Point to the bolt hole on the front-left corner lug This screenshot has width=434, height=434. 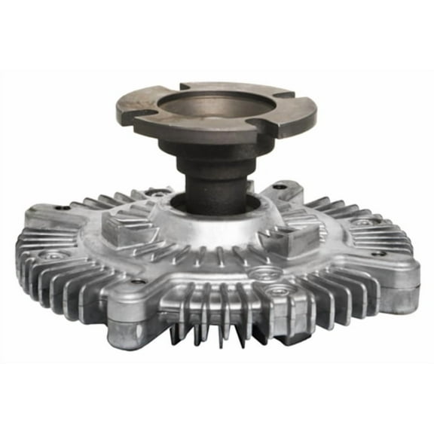point(138,282)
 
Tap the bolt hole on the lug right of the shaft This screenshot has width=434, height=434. point(280,185)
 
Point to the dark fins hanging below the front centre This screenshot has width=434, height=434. point(219,332)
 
